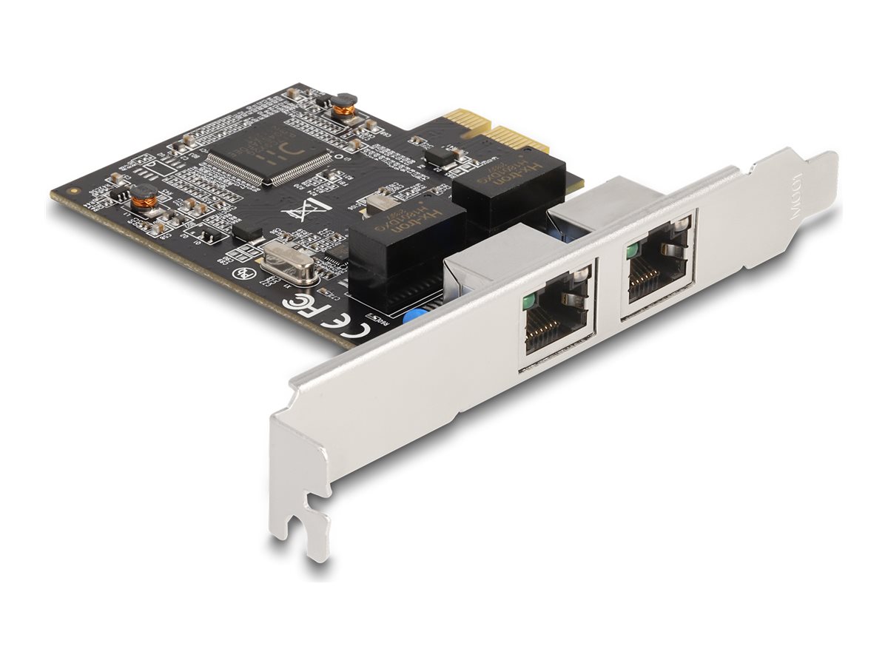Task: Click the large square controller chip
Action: pyautogui.click(x=270, y=152)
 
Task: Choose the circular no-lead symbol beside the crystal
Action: pyautogui.click(x=240, y=272)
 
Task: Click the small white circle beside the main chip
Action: pyautogui.click(x=338, y=158)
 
